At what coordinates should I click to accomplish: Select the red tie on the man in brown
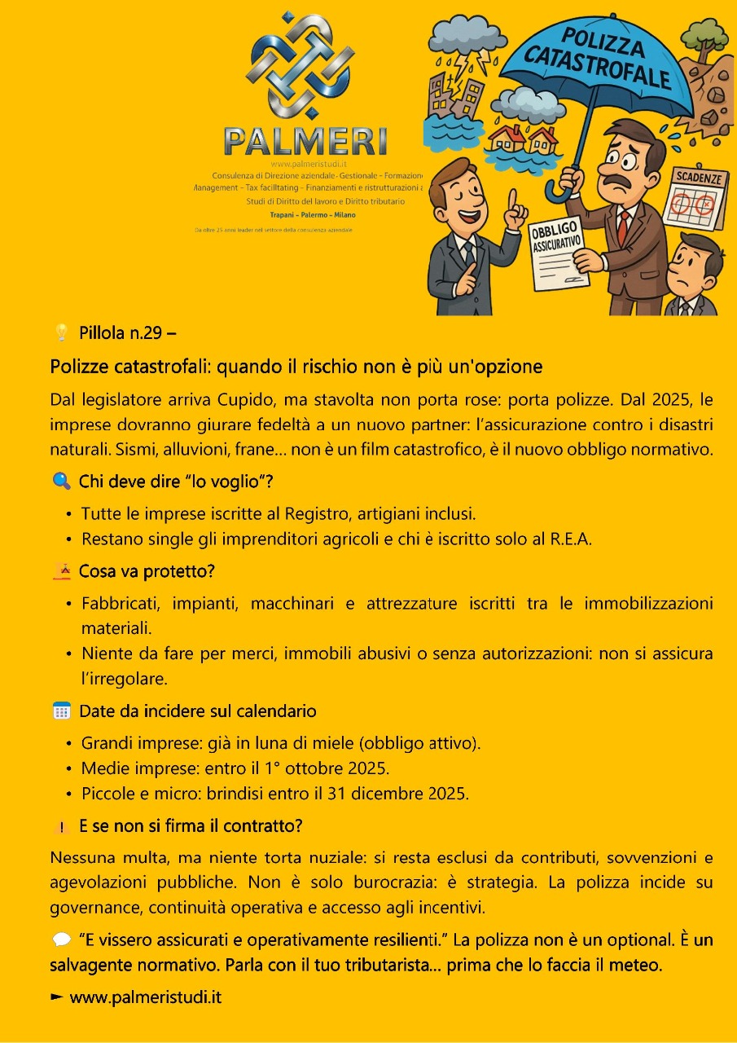pyautogui.click(x=622, y=226)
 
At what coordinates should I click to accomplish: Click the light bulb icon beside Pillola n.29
pyautogui.click(x=61, y=332)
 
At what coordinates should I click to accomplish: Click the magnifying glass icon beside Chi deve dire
pyautogui.click(x=61, y=482)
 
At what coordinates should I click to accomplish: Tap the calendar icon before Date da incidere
pyautogui.click(x=62, y=711)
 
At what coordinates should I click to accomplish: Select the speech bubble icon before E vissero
pyautogui.click(x=61, y=940)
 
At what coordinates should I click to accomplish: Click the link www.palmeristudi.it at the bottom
pyautogui.click(x=145, y=997)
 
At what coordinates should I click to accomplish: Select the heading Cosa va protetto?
pyautogui.click(x=147, y=572)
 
